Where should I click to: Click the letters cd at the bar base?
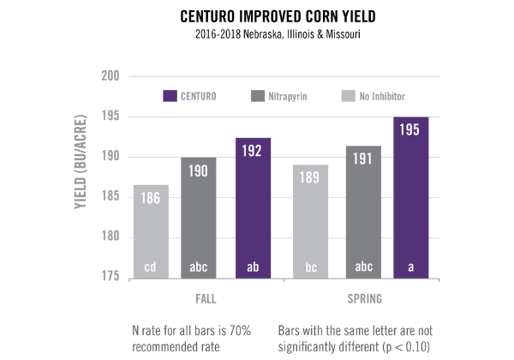151,267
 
